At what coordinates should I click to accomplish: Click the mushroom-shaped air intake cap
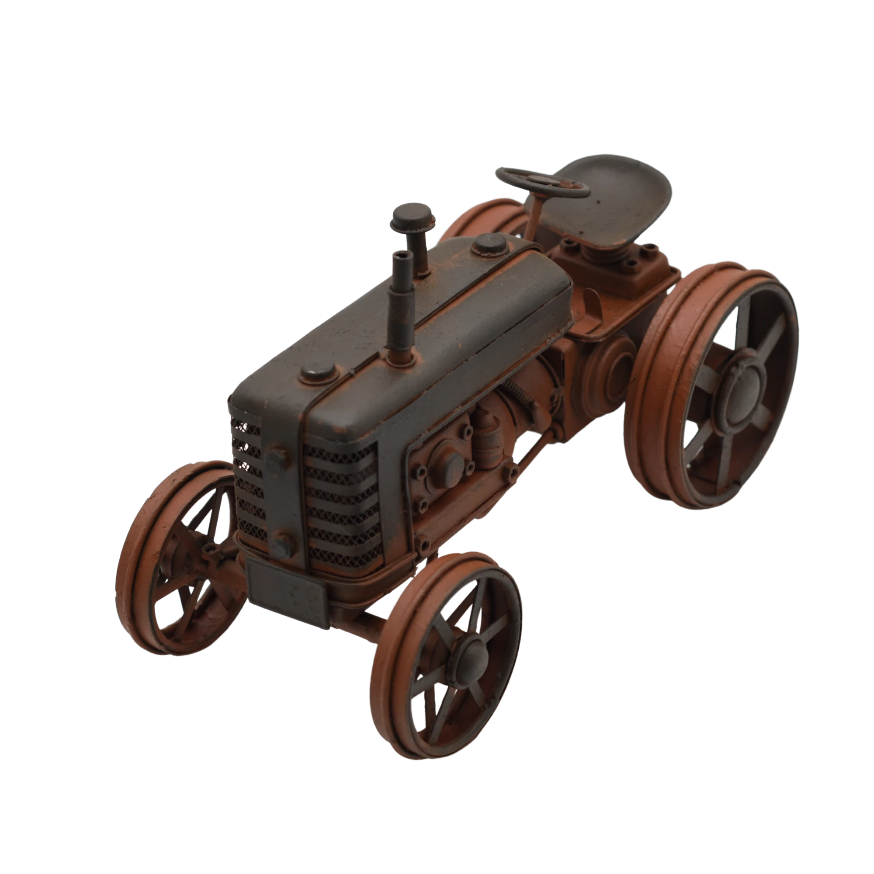pyautogui.click(x=413, y=216)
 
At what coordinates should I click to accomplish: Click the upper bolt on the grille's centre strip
pyautogui.click(x=275, y=461)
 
